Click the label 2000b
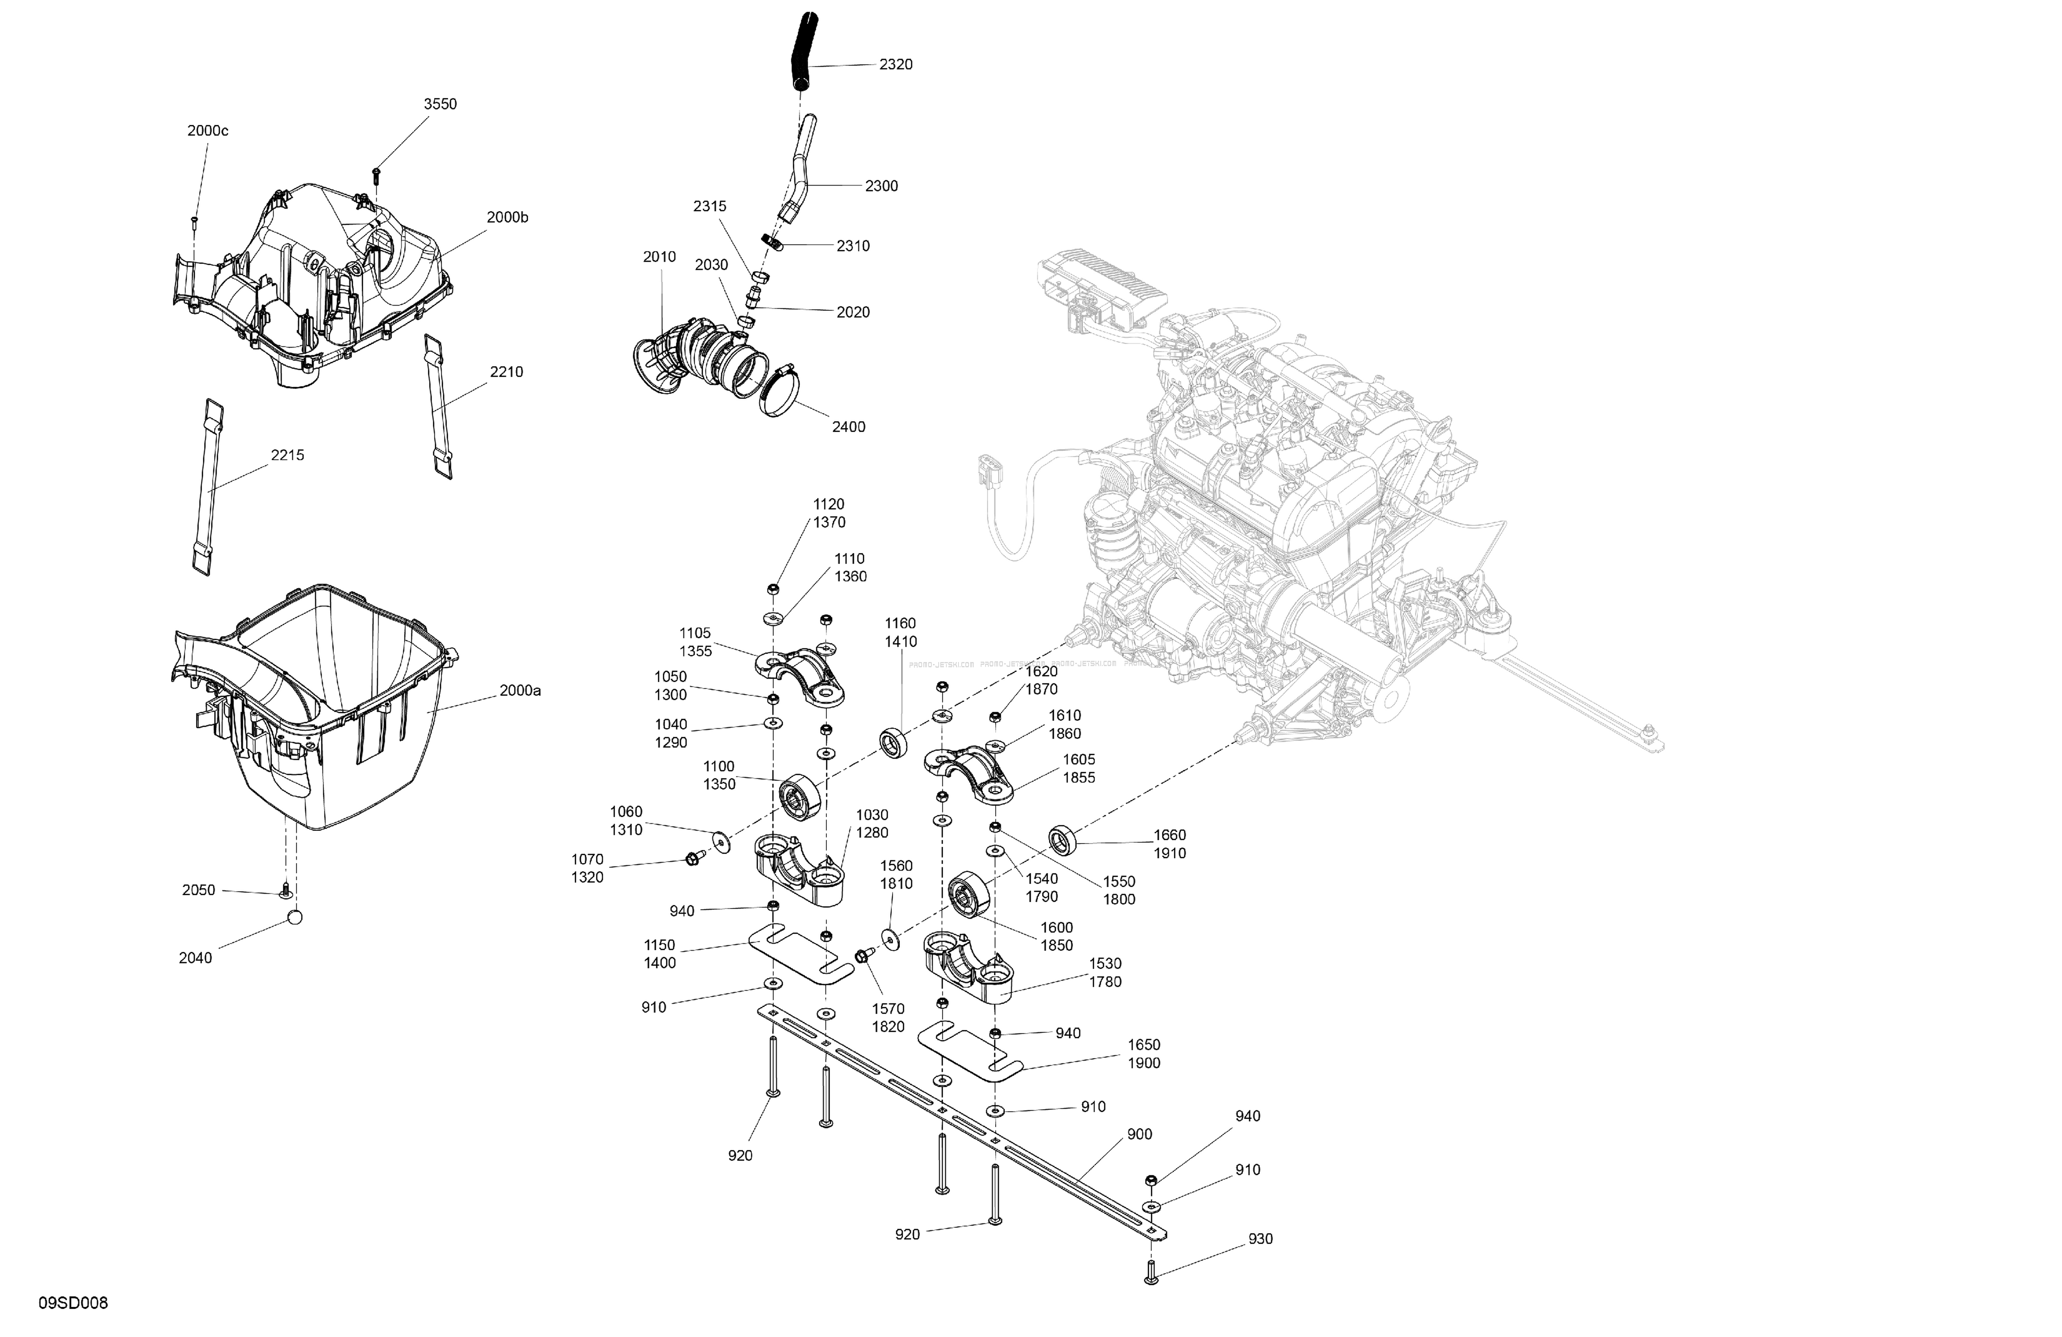[507, 217]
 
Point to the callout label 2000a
[520, 691]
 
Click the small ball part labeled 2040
[295, 917]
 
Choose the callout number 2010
[659, 257]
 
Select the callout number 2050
[198, 890]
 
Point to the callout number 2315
[710, 206]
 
